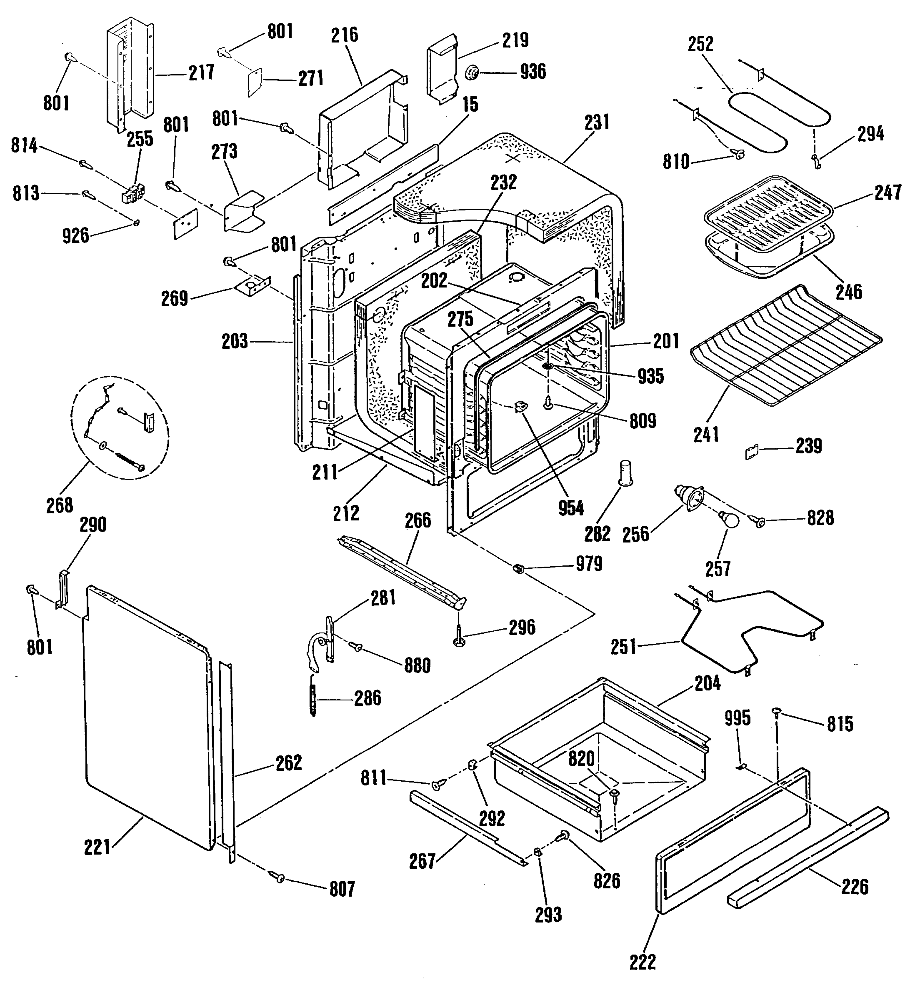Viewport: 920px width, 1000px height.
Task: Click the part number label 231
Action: [597, 122]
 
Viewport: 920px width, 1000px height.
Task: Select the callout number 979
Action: [588, 564]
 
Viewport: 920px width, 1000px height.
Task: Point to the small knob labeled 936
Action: [471, 73]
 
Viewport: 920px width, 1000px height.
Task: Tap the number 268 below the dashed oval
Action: [60, 505]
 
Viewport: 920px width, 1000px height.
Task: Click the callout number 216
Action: [345, 35]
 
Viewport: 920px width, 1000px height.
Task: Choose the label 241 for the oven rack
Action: [706, 435]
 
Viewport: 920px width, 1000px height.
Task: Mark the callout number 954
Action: [570, 508]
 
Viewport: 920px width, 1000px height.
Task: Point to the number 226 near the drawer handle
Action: [854, 886]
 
